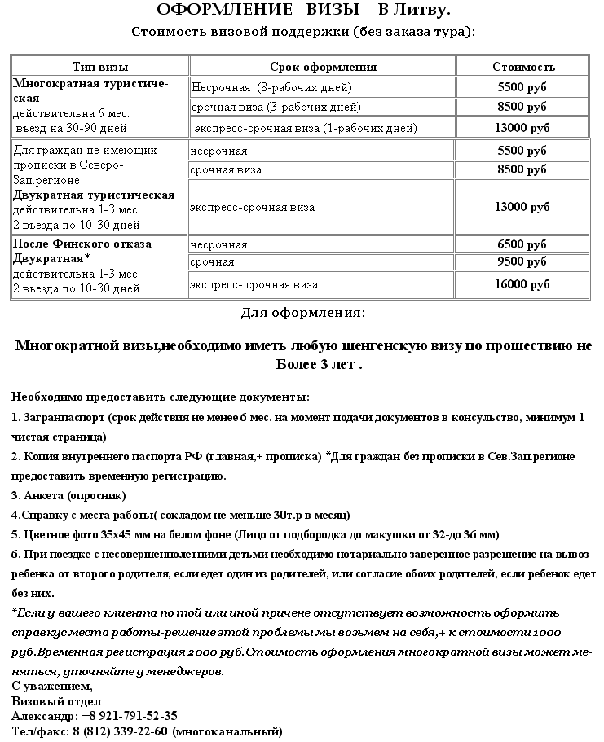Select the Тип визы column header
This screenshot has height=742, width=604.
coord(100,67)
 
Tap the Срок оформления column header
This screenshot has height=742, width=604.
coord(323,67)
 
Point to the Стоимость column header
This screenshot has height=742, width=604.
coord(523,67)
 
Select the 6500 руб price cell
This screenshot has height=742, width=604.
coord(522,244)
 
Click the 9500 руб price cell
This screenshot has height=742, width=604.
coord(522,262)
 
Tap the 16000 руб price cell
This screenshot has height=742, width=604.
coord(522,284)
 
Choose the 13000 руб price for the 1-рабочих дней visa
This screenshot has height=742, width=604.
coord(522,128)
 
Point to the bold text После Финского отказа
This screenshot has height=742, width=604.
coord(82,244)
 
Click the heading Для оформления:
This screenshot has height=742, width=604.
coord(303,313)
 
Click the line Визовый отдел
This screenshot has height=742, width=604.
coord(56,701)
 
